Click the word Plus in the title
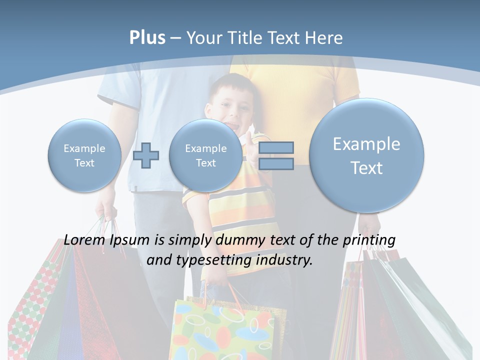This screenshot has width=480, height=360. [147, 38]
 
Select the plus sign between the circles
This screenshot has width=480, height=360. [146, 155]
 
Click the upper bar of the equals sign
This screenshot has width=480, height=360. [276, 147]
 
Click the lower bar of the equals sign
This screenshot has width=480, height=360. [276, 163]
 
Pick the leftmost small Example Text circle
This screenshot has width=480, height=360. [84, 155]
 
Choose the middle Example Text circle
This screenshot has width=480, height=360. [206, 155]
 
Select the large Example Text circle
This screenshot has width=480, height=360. [366, 155]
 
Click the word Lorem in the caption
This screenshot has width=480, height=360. [84, 240]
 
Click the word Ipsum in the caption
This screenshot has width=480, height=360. [129, 240]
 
